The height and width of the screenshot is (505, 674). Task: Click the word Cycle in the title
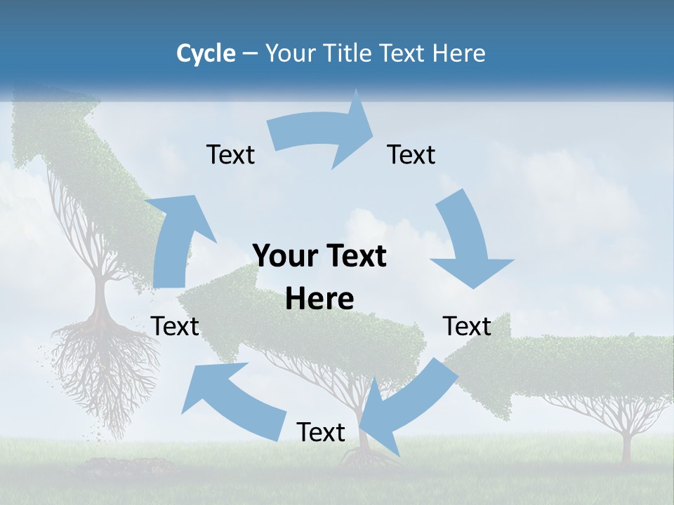pyautogui.click(x=206, y=53)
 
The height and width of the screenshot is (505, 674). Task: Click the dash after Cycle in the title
pyautogui.click(x=250, y=53)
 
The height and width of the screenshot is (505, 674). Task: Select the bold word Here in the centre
pyautogui.click(x=319, y=299)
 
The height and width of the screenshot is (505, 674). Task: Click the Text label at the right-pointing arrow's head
pyautogui.click(x=411, y=154)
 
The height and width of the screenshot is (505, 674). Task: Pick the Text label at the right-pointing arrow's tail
pyautogui.click(x=230, y=154)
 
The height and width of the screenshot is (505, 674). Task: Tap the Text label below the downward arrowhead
pyautogui.click(x=467, y=326)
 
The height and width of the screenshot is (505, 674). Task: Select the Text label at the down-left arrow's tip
pyautogui.click(x=321, y=432)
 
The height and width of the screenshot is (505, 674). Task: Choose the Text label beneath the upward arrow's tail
pyautogui.click(x=175, y=326)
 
